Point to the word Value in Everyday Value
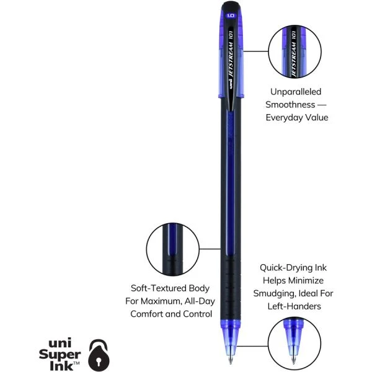(314, 117)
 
